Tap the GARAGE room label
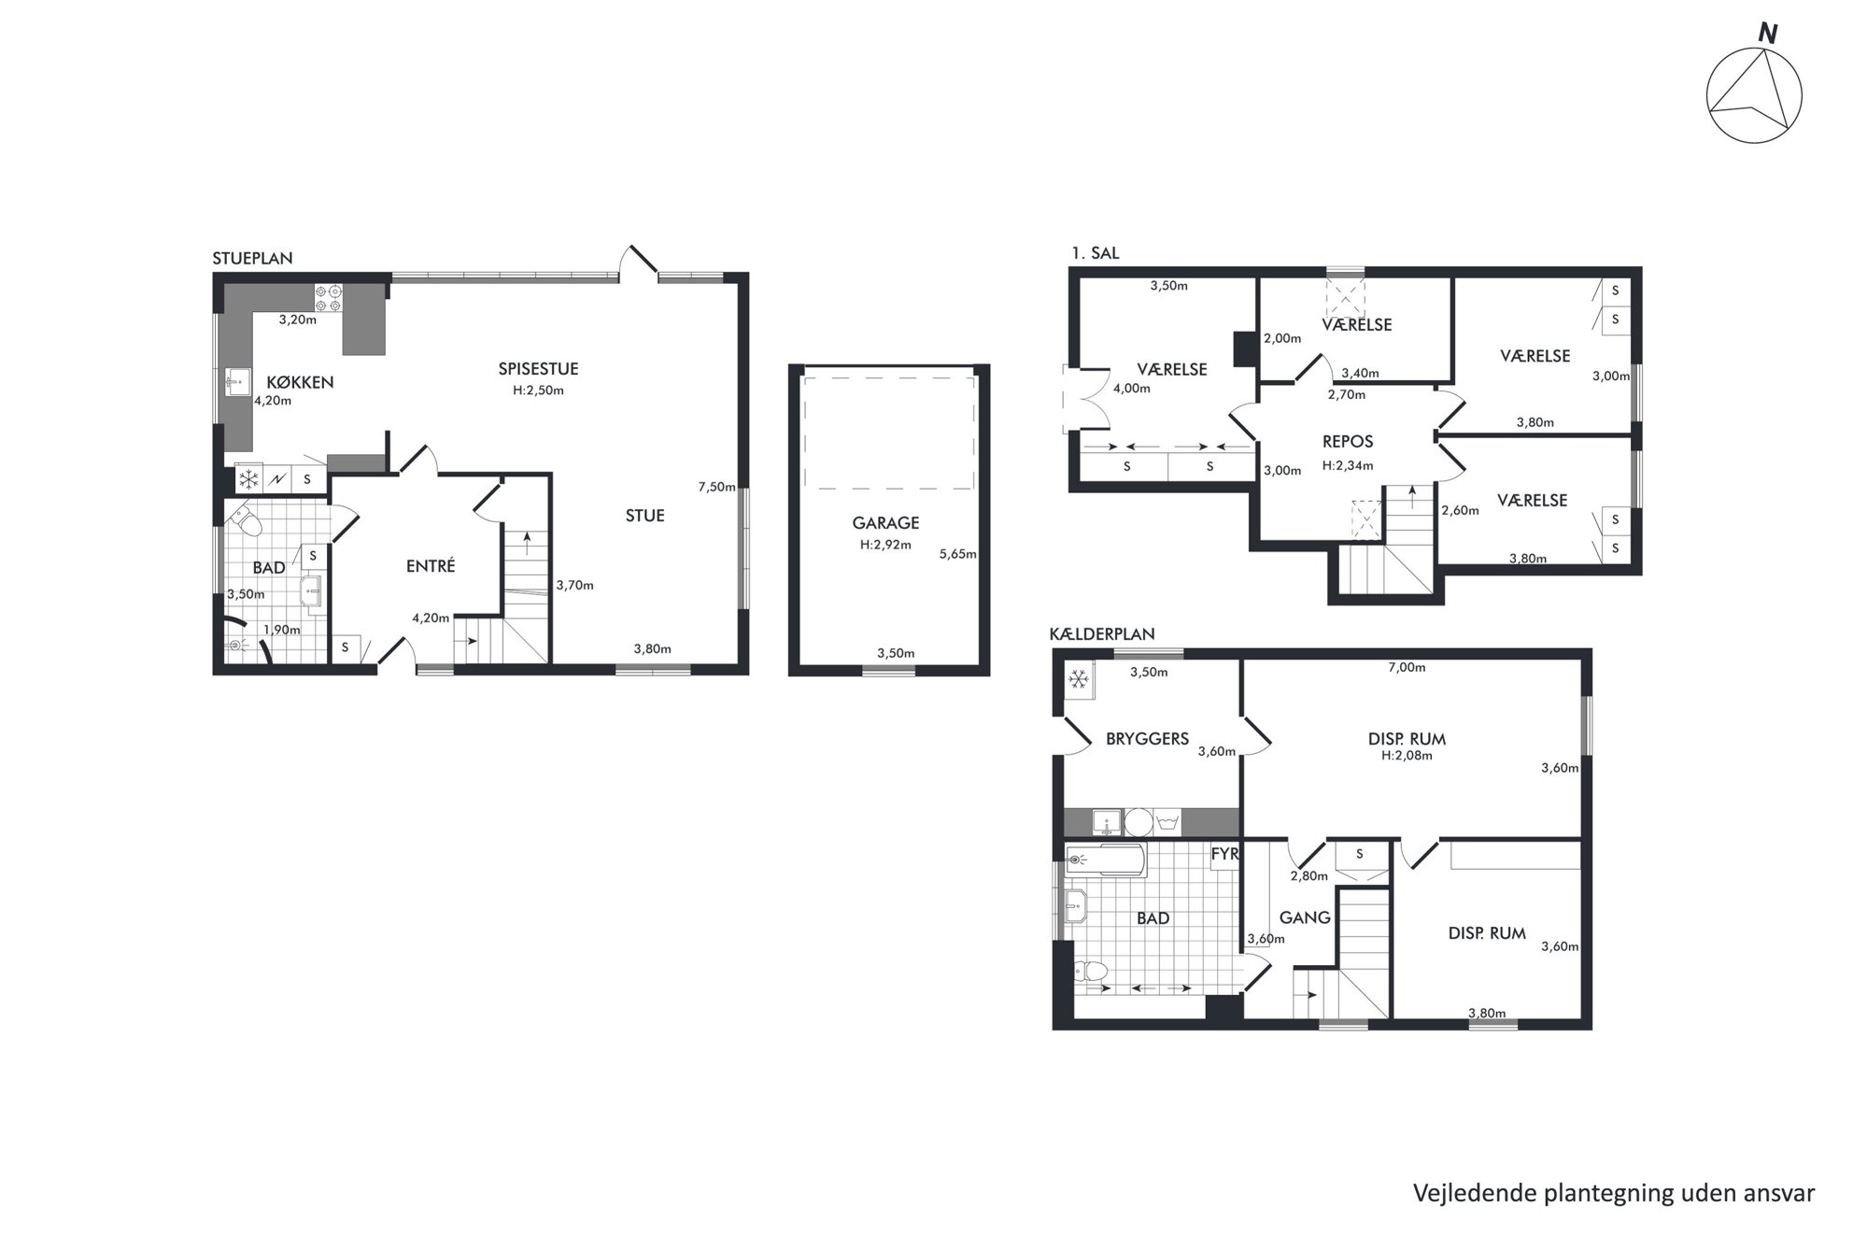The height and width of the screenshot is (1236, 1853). click(x=885, y=523)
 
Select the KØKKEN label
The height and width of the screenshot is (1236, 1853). click(x=300, y=382)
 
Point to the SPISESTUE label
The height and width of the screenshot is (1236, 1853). click(x=538, y=369)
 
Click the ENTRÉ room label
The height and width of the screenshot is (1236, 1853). click(x=431, y=565)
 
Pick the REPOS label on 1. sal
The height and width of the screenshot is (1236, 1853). click(x=1348, y=442)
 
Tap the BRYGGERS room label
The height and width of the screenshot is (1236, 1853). click(x=1147, y=739)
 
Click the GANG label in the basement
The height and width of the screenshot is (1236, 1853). click(x=1305, y=917)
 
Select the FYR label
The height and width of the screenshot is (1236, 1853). click(x=1224, y=854)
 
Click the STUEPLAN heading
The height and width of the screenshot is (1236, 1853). click(x=252, y=259)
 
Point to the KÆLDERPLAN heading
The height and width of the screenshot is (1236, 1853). click(x=1102, y=634)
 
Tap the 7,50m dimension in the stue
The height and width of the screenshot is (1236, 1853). click(x=717, y=487)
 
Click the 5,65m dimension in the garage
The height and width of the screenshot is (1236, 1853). click(x=958, y=554)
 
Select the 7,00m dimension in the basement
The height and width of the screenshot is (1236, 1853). click(x=1407, y=668)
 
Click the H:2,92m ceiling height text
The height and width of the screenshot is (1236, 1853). click(x=885, y=545)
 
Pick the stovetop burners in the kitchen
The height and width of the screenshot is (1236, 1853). click(x=329, y=297)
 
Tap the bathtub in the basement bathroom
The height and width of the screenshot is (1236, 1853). click(x=1105, y=860)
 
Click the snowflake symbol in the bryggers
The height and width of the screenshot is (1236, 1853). click(x=1079, y=679)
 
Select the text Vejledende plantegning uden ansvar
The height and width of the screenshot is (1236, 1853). click(x=1614, y=1193)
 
